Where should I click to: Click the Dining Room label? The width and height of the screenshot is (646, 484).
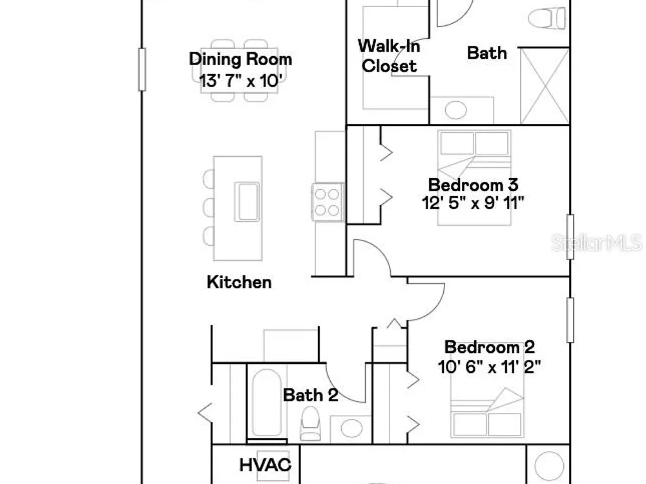point(240,59)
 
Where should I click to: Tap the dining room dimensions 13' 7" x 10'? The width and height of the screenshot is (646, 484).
point(240,81)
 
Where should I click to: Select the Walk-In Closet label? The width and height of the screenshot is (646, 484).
point(390,55)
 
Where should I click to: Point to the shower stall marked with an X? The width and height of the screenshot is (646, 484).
point(545,85)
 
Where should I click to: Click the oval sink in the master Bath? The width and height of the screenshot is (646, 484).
point(456,110)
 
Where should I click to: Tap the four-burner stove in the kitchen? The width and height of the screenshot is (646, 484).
point(328,201)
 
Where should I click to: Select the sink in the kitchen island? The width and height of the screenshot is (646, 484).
point(247,202)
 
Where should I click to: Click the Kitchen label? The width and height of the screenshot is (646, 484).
point(239,283)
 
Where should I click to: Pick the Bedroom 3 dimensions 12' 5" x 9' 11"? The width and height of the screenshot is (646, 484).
point(473,203)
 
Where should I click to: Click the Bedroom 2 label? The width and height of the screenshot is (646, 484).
point(490,347)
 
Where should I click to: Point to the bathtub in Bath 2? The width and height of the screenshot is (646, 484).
point(266,403)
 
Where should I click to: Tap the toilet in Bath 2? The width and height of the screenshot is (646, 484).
point(310,423)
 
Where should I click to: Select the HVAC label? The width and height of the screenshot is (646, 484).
point(266,465)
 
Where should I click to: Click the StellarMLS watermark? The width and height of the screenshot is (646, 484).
point(597,243)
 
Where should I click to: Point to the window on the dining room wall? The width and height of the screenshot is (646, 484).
point(142,70)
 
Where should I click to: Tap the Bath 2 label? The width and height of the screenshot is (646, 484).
point(311,395)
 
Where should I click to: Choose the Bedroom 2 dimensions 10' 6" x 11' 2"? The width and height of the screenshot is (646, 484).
point(490,367)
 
